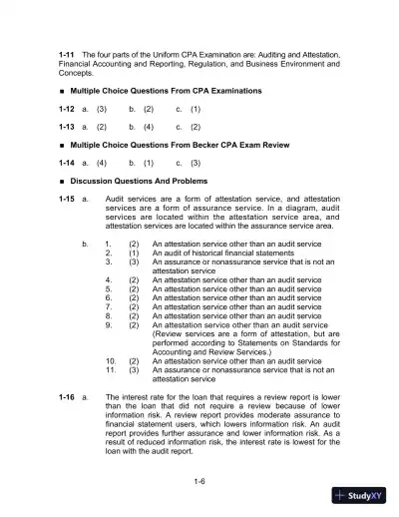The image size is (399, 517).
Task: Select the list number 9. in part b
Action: click(109, 325)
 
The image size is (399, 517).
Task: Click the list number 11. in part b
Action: click(111, 370)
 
